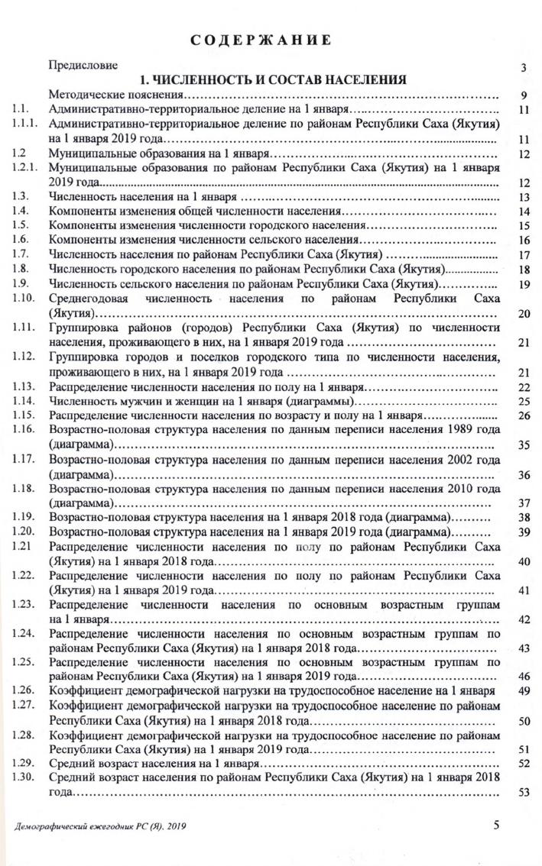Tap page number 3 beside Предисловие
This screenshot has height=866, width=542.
pos(524,68)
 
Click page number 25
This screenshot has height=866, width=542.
pos(524,402)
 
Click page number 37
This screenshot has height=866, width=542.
pos(524,503)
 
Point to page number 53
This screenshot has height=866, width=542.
pos(524,793)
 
